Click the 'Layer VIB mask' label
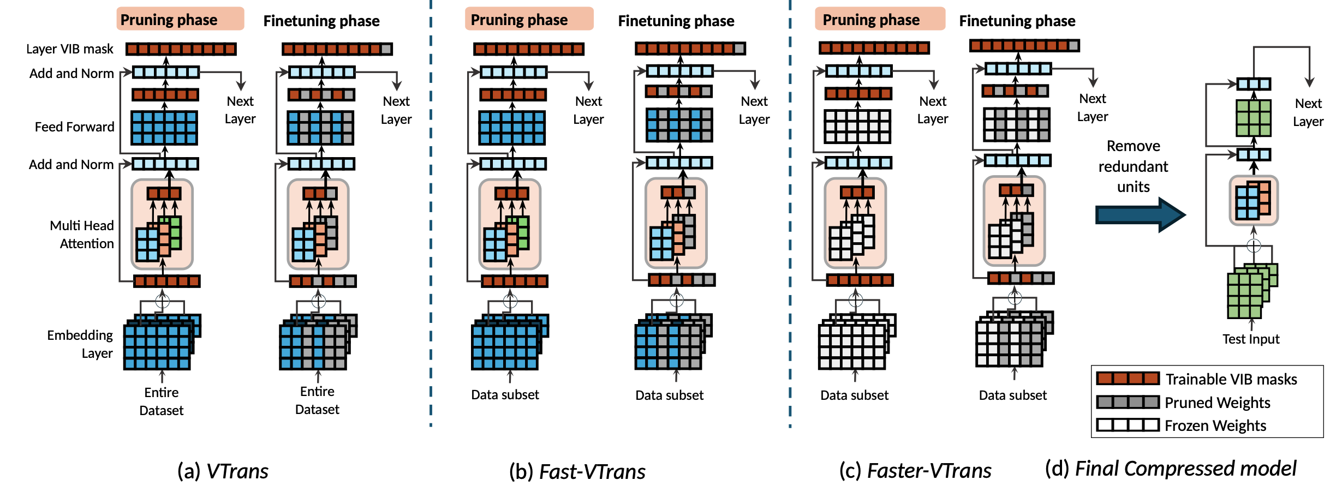click(x=70, y=49)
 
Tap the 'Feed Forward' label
click(x=75, y=127)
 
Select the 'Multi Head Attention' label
click(x=82, y=235)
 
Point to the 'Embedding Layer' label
click(x=80, y=344)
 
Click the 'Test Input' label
click(x=1250, y=339)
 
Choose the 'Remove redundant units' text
click(x=1133, y=166)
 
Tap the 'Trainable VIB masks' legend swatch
click(x=1128, y=379)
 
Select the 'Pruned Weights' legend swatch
click(x=1128, y=403)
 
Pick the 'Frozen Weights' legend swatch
click(x=1128, y=425)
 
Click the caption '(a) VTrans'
click(x=223, y=471)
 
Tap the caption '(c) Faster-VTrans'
click(x=915, y=471)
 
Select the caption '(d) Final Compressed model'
click(x=1171, y=469)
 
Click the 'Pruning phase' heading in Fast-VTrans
click(x=519, y=20)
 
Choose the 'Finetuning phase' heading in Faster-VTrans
click(x=1017, y=21)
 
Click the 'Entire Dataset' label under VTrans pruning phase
click(x=162, y=401)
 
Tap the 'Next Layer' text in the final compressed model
click(x=1308, y=112)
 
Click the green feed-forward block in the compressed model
click(x=1253, y=117)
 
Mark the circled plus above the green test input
click(x=1254, y=245)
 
